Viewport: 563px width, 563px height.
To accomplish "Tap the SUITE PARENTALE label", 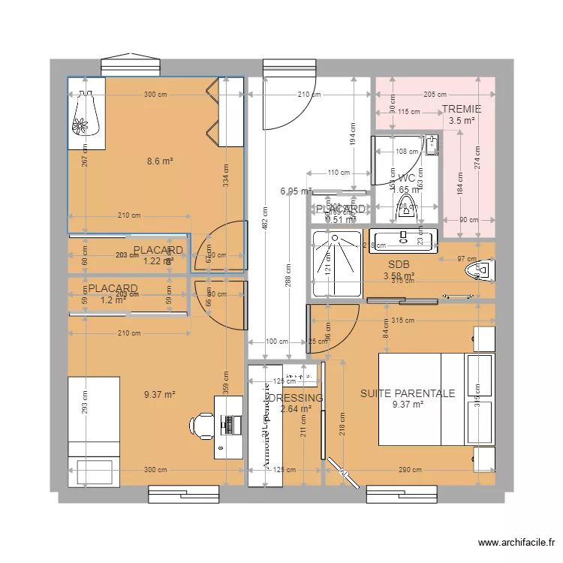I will (408, 393).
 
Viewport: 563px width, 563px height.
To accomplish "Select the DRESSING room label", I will (296, 398).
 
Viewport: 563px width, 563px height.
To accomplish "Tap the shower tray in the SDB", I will (327, 254).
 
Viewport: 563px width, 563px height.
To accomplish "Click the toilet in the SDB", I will (478, 269).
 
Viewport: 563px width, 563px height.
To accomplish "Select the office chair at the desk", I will (201, 424).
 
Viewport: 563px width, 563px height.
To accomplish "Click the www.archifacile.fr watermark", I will (517, 543).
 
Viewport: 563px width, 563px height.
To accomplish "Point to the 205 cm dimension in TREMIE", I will (435, 95).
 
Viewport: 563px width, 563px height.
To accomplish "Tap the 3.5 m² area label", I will (462, 120).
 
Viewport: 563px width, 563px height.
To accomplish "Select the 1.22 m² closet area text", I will (158, 261).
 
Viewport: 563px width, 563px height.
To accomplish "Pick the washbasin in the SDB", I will (402, 239).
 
